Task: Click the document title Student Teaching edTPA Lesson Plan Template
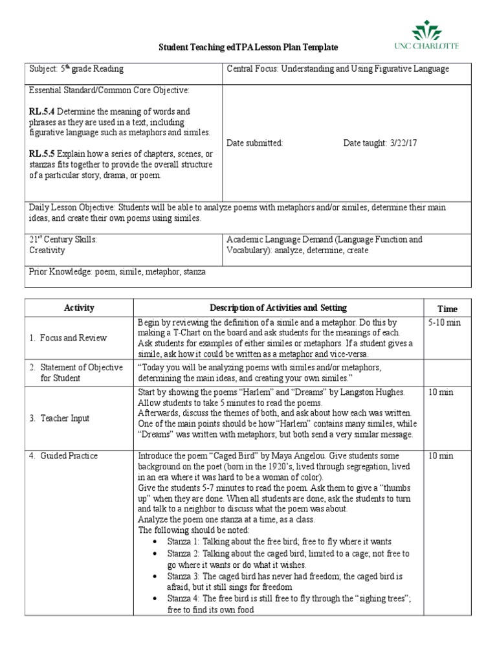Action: (248, 49)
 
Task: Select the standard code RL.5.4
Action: (42, 112)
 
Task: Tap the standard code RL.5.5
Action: (42, 154)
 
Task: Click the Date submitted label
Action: (255, 143)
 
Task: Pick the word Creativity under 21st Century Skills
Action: (47, 250)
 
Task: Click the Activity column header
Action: (79, 308)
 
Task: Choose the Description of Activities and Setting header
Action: (278, 308)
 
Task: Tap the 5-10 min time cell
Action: (445, 322)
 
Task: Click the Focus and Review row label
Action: (68, 338)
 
